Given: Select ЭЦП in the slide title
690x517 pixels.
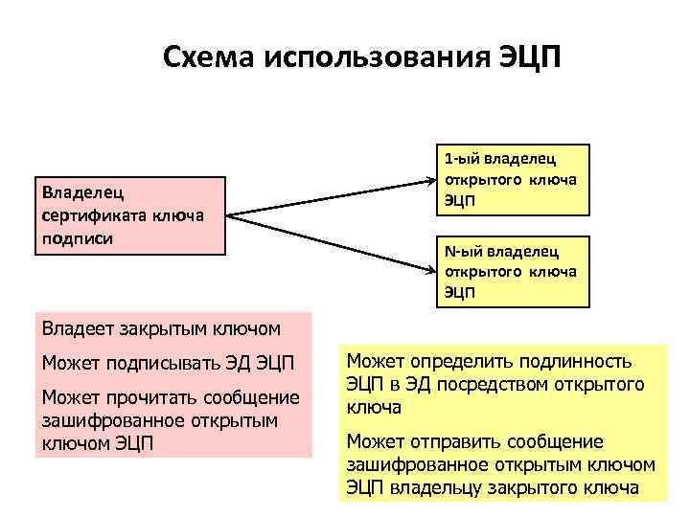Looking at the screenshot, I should click(525, 58).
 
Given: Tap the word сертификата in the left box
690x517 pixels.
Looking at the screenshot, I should click(89, 214).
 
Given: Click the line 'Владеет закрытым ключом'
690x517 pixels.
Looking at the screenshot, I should click(161, 329).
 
